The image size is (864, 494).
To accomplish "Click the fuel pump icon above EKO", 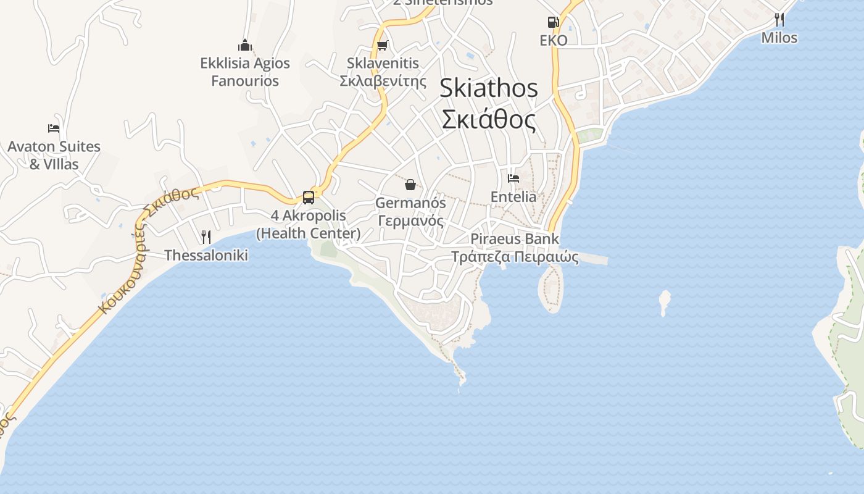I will click(553, 22).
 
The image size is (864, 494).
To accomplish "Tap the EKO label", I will click(553, 40).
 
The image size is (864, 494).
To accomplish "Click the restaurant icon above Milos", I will click(779, 20).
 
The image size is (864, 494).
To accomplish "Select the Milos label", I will click(779, 38).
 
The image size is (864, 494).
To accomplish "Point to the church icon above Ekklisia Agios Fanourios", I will click(245, 45).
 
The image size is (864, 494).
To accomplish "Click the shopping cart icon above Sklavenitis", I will click(383, 45).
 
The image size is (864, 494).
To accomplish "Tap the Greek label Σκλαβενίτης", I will click(383, 81).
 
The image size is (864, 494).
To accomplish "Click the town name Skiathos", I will click(488, 88).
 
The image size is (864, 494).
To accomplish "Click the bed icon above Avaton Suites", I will click(54, 128).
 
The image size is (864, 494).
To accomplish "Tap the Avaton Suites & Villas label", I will click(54, 155).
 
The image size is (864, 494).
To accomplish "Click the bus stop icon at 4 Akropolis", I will click(309, 198).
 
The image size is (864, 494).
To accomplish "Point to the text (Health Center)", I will click(309, 233).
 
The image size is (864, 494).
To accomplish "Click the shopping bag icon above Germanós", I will click(410, 184).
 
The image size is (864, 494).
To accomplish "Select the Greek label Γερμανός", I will click(410, 220).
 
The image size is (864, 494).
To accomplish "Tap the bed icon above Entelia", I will click(513, 178).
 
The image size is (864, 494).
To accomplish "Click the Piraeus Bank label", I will click(515, 238).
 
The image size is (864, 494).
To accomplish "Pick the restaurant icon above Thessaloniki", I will click(206, 237).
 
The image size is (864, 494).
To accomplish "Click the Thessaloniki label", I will click(206, 255).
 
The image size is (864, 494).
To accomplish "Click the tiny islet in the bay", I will click(665, 301).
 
